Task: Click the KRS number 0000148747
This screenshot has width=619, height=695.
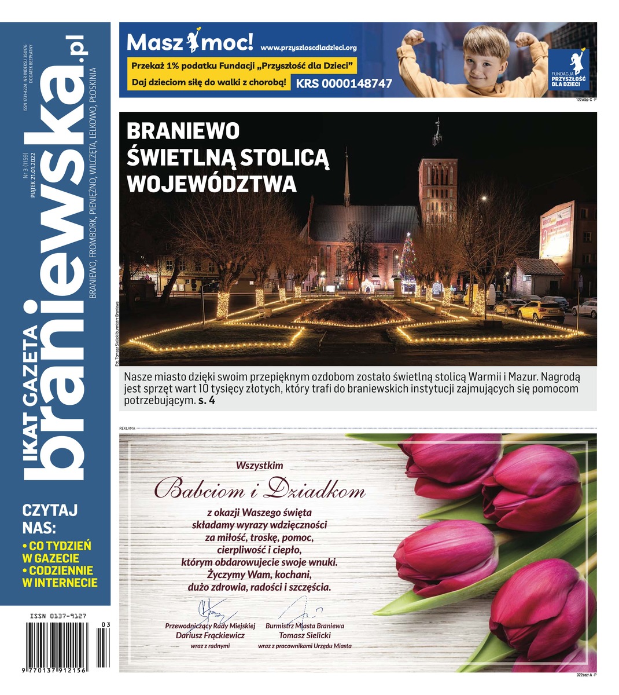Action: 344,83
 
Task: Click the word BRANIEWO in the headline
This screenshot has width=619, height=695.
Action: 183,131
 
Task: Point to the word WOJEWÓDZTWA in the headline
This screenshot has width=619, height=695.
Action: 211,184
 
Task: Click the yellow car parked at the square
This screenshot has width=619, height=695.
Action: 540,312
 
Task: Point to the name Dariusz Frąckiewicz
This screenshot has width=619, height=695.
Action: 210,635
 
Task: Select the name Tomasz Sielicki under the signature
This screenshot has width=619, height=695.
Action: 304,635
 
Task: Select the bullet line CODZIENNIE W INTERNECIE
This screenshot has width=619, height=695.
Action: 59,577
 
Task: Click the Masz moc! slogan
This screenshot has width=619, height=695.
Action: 190,42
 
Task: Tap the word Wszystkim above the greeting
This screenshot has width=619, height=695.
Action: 260,465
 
